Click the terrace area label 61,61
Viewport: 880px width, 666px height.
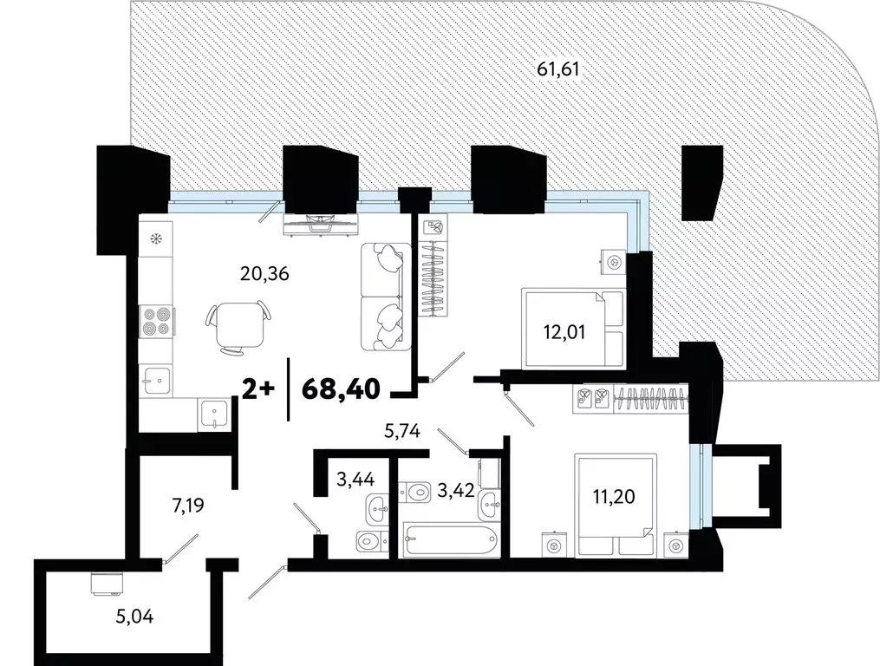pos(557,69)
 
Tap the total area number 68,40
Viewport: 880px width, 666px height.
pos(342,388)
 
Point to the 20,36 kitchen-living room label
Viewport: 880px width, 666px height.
pos(264,274)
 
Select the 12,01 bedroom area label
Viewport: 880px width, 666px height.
pos(564,332)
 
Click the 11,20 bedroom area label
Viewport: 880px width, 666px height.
pos(614,496)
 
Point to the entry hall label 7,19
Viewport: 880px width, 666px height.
pos(188,505)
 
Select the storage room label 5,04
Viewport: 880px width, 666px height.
pos(134,617)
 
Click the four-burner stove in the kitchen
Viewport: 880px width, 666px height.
pos(156,321)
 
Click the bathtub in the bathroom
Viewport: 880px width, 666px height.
pos(448,542)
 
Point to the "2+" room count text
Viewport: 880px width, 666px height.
pos(258,388)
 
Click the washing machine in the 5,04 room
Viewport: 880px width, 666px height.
pos(107,584)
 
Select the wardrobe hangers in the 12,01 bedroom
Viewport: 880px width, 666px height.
pos(435,279)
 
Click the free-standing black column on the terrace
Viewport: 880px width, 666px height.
pos(701,182)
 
